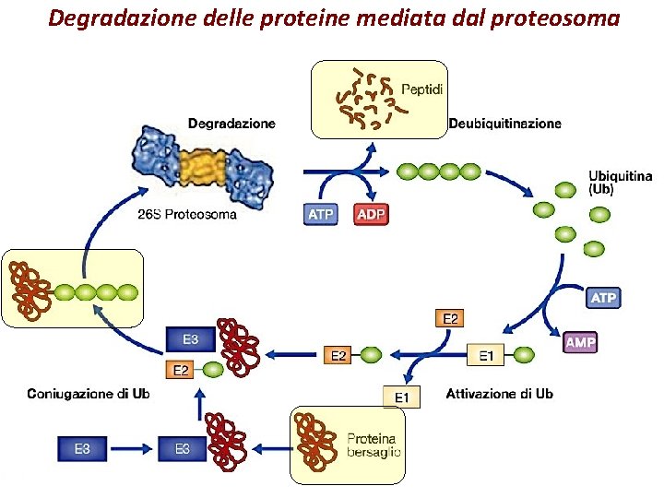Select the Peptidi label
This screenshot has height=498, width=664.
[x=424, y=89]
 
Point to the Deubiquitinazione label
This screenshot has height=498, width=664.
[x=504, y=124]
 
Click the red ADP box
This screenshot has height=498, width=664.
[x=372, y=215]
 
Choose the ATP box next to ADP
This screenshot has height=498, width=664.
[x=320, y=215]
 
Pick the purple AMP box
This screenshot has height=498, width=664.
[x=580, y=342]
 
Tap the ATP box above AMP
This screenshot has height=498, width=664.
[x=603, y=298]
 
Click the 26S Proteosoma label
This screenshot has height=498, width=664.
[x=187, y=215]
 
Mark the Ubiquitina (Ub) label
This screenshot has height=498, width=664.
[x=620, y=183]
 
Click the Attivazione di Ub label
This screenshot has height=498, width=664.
[x=499, y=394]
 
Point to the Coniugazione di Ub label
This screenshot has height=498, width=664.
[x=89, y=394]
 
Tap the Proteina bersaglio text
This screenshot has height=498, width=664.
[x=371, y=445]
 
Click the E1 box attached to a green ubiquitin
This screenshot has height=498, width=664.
[x=485, y=354]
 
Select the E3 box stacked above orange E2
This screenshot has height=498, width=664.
[x=190, y=339]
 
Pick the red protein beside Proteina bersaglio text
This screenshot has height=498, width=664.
[x=315, y=440]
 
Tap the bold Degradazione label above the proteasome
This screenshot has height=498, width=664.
[x=231, y=124]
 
